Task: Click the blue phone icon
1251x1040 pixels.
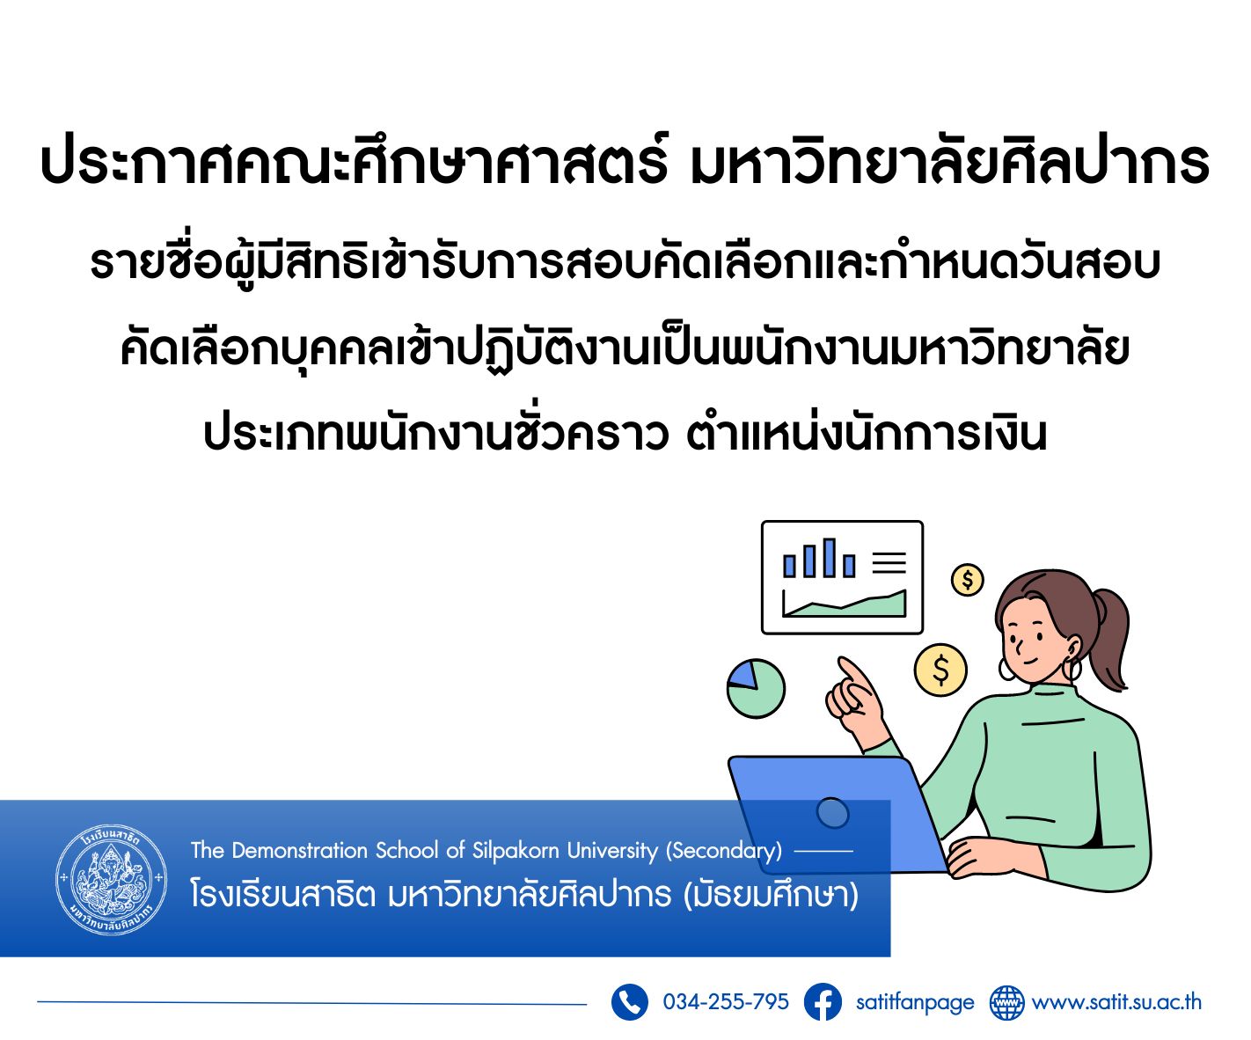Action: [629, 1001]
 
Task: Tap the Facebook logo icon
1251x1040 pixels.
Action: [822, 1001]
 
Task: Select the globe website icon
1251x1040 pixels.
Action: [1006, 1002]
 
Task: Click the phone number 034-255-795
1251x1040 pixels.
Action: [726, 1001]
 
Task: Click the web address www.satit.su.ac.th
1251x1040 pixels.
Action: [1116, 1002]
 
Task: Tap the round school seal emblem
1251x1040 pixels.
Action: [112, 879]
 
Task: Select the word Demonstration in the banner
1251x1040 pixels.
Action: [300, 850]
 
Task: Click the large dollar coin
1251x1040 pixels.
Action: [940, 670]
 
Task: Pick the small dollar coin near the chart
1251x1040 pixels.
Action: [967, 580]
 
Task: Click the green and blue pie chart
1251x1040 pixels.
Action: [756, 689]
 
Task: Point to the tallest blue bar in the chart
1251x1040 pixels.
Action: [830, 558]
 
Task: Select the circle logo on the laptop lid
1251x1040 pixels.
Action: [832, 813]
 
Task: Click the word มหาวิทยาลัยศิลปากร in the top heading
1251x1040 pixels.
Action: [949, 163]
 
